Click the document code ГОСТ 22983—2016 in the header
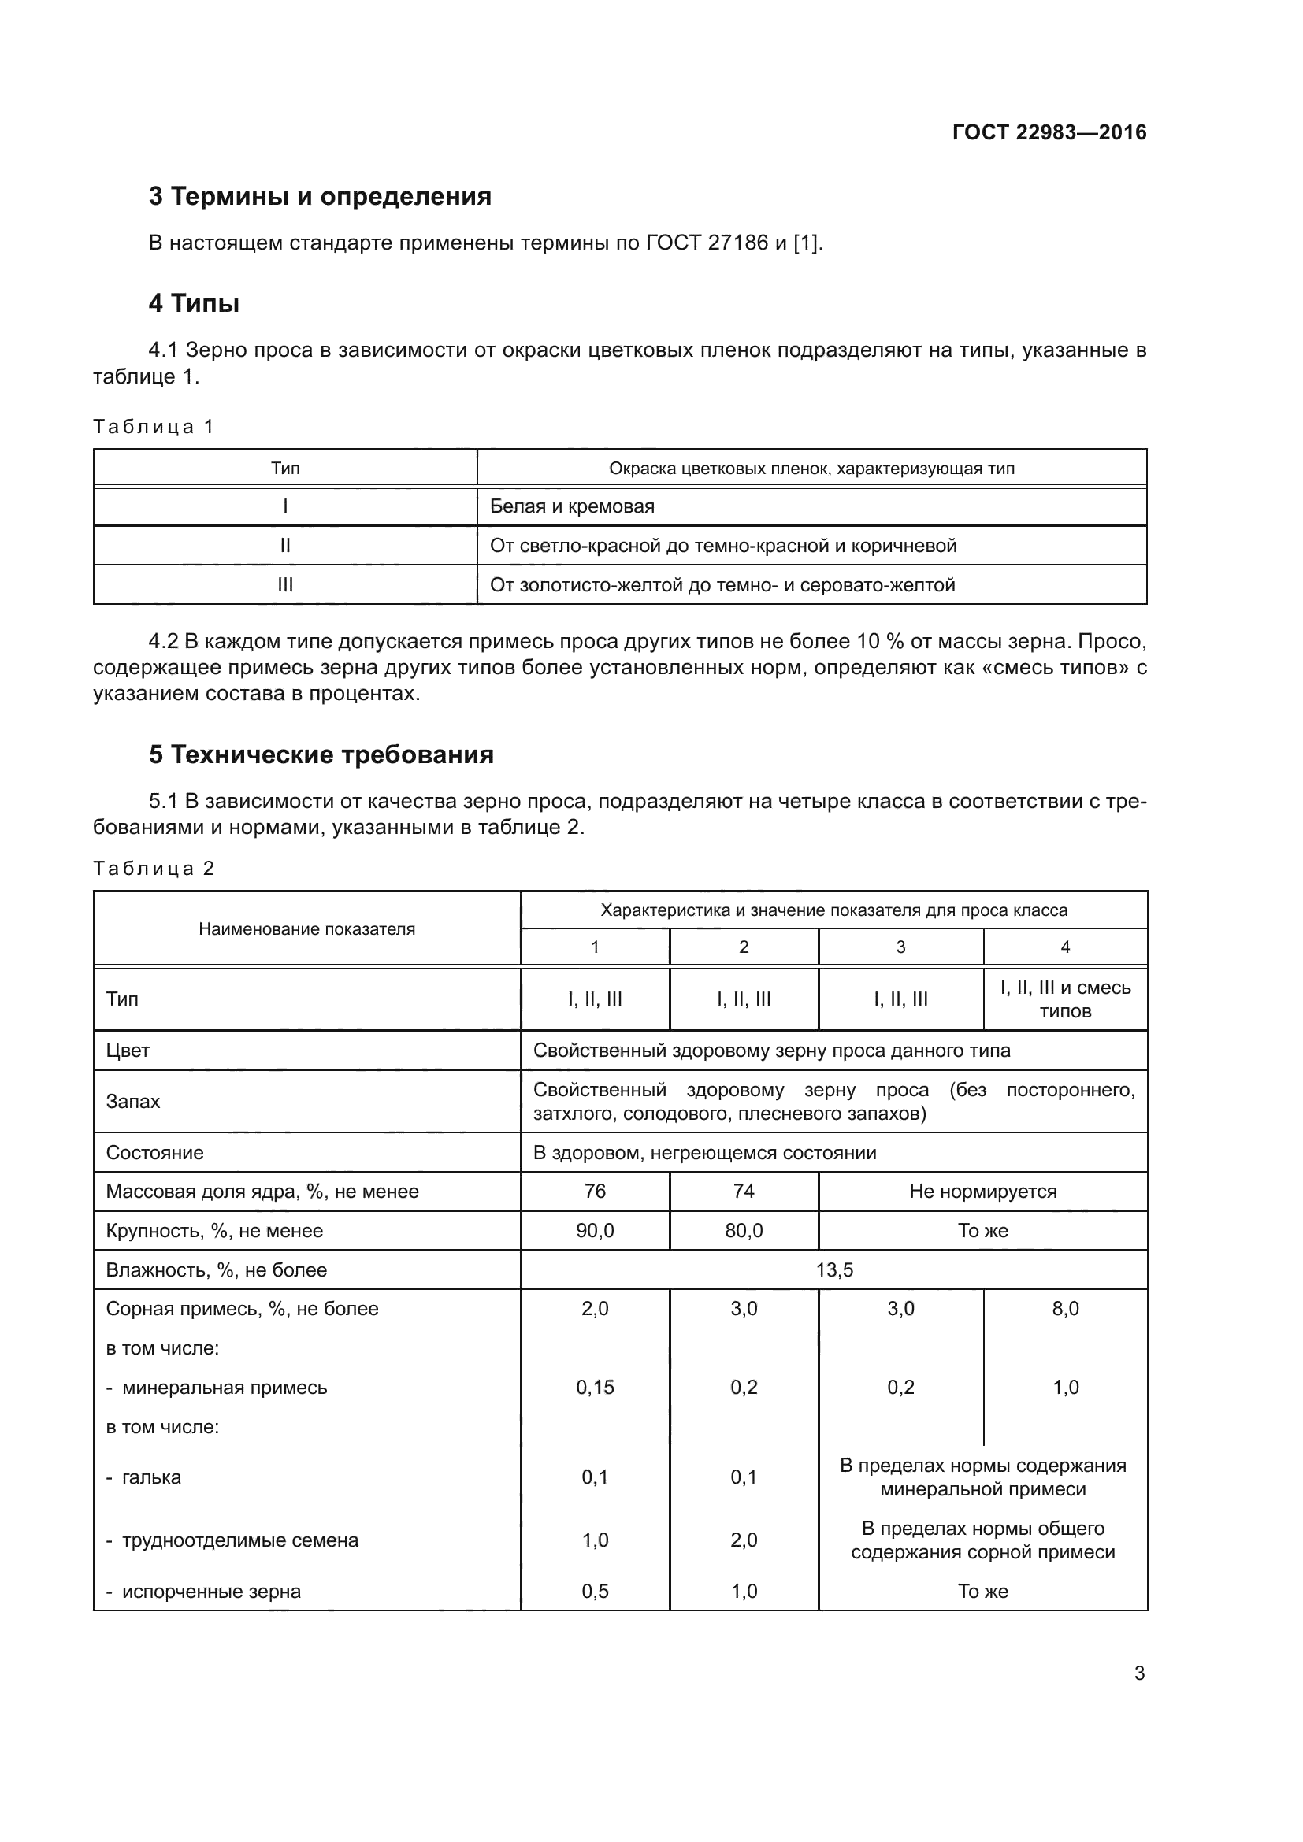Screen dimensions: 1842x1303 tap(1049, 132)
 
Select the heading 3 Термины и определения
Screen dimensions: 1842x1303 tap(319, 196)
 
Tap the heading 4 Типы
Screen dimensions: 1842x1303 tap(194, 303)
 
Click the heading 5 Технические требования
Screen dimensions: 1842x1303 tap(321, 754)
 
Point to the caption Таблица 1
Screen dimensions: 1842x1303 tap(154, 426)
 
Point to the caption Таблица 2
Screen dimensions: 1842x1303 tap(154, 868)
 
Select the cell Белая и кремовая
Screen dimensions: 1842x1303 tap(572, 506)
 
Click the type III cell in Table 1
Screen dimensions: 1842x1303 tap(285, 585)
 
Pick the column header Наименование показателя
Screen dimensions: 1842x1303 tap(306, 929)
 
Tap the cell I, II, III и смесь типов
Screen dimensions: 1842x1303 tap(1065, 999)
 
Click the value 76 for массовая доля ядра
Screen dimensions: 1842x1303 tap(595, 1192)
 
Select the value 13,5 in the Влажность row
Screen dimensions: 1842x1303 tap(833, 1270)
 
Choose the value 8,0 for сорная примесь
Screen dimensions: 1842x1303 tap(1065, 1309)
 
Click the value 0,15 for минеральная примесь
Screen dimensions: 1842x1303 tap(595, 1387)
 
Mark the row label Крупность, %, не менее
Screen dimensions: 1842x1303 tap(214, 1231)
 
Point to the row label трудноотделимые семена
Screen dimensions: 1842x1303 tap(239, 1540)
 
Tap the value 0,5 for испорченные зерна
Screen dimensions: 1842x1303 tap(595, 1591)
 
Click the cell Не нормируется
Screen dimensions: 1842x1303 tap(982, 1192)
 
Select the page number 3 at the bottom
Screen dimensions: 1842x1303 tap(1138, 1673)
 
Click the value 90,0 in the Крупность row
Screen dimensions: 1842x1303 tap(595, 1231)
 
